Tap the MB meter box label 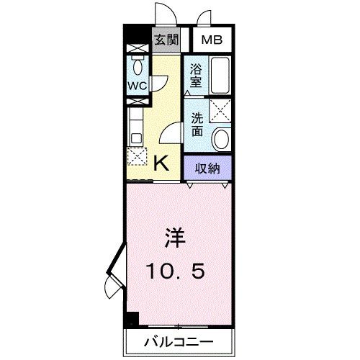coord(211,40)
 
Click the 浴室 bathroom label coord(196,75)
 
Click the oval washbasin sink coord(222,136)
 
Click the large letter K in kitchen coord(163,163)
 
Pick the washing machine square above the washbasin coord(222,112)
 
